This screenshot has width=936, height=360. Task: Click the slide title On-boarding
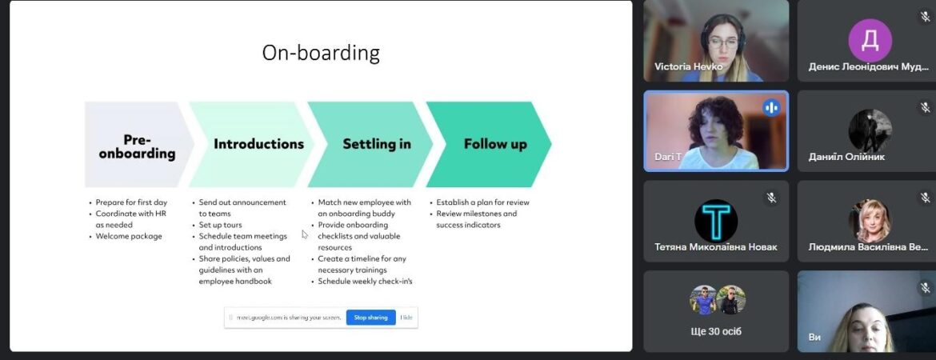pyautogui.click(x=321, y=53)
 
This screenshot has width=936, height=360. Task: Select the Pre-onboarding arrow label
pyautogui.click(x=137, y=147)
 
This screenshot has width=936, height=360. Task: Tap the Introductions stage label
pyautogui.click(x=258, y=144)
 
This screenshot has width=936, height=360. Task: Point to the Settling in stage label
pyautogui.click(x=377, y=144)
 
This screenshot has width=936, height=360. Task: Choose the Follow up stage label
pyautogui.click(x=495, y=145)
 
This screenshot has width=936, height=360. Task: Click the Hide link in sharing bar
pyautogui.click(x=406, y=318)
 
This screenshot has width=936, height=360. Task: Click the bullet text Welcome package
pyautogui.click(x=129, y=237)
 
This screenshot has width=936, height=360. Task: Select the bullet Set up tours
pyautogui.click(x=220, y=225)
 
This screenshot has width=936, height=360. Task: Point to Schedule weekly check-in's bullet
pyautogui.click(x=365, y=281)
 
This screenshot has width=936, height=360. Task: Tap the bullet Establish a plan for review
pyautogui.click(x=482, y=202)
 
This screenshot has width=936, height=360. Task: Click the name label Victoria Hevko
pyautogui.click(x=688, y=67)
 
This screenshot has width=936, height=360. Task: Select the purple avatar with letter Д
pyautogui.click(x=870, y=40)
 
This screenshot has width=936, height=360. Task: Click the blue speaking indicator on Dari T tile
pyautogui.click(x=771, y=107)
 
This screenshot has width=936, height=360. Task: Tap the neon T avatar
pyautogui.click(x=716, y=221)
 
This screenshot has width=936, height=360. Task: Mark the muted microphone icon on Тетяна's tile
pyautogui.click(x=771, y=198)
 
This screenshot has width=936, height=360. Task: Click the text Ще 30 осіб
pyautogui.click(x=716, y=331)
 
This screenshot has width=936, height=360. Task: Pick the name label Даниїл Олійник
pyautogui.click(x=846, y=157)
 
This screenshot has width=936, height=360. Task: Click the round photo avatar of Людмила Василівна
pyautogui.click(x=870, y=221)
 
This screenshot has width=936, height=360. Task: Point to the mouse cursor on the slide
pyautogui.click(x=305, y=234)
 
